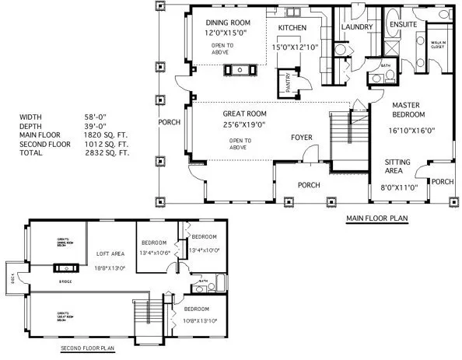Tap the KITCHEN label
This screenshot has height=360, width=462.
click(x=292, y=28)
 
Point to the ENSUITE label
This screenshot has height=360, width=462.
click(x=403, y=24)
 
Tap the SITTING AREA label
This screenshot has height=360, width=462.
click(x=403, y=168)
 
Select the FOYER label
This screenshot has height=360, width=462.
click(x=302, y=138)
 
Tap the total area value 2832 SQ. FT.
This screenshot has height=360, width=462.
click(x=107, y=154)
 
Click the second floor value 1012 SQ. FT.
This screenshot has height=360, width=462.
click(x=107, y=145)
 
